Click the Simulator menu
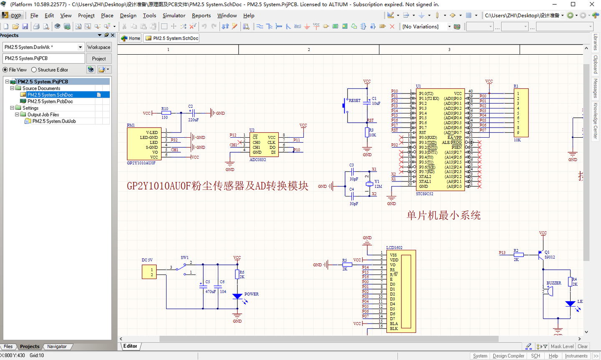click(x=174, y=15)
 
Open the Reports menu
click(x=201, y=15)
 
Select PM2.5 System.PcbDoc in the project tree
click(x=50, y=101)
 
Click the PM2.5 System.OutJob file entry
click(x=54, y=121)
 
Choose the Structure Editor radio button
click(x=34, y=70)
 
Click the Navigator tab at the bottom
click(x=57, y=347)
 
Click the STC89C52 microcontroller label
click(x=424, y=194)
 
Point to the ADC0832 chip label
click(x=258, y=160)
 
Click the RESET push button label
click(x=354, y=101)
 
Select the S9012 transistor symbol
click(x=541, y=254)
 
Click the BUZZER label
click(x=554, y=283)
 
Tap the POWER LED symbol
click(x=237, y=297)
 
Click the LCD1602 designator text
click(x=394, y=247)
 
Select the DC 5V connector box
click(x=149, y=272)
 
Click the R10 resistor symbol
click(x=166, y=113)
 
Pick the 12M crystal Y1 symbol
click(x=369, y=184)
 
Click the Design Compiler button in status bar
click(x=508, y=356)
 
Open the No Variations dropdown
click(x=426, y=26)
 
